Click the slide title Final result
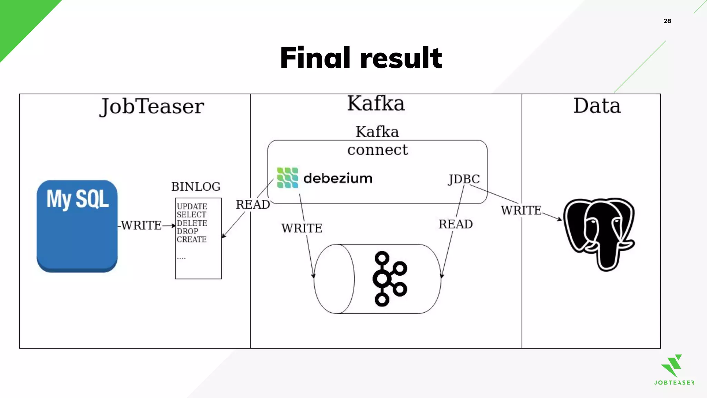[x=361, y=58]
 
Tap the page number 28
[x=667, y=21]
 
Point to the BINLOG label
[x=196, y=187]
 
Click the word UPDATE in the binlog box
[x=192, y=206]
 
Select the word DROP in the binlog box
[x=187, y=231]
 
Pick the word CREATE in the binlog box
[x=192, y=239]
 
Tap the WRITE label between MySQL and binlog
[x=141, y=225]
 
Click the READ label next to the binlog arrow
[x=253, y=205]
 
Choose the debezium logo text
[x=338, y=178]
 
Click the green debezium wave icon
[x=288, y=178]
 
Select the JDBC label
[x=464, y=179]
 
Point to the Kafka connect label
[x=377, y=141]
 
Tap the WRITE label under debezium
[x=301, y=228]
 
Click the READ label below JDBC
[x=455, y=224]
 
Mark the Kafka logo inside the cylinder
[x=389, y=278]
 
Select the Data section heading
[x=597, y=106]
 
